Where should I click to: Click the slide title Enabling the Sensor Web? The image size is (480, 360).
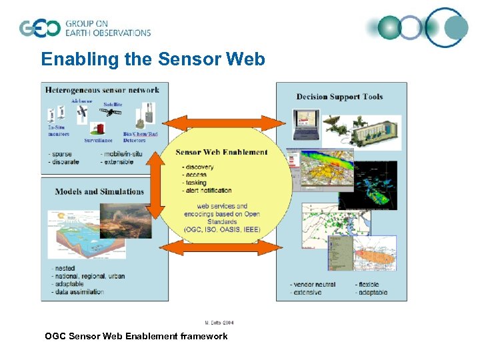click(153, 59)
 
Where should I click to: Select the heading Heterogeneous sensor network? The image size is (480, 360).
click(102, 90)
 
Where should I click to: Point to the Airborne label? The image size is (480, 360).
click(81, 101)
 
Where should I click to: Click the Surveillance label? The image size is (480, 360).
click(98, 141)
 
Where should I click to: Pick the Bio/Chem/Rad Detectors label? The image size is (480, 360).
click(139, 137)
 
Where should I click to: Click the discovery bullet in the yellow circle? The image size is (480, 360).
click(199, 167)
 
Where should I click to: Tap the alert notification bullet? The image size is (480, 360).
click(207, 191)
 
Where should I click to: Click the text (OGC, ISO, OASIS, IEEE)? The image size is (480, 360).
click(222, 229)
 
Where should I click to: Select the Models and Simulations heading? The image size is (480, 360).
click(99, 191)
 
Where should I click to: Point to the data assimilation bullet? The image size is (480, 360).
click(77, 292)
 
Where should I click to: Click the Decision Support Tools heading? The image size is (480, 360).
click(339, 97)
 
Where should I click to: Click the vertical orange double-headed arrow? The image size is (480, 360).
click(155, 186)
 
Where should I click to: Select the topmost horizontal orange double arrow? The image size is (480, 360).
click(223, 123)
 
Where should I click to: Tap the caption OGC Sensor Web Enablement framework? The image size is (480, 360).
click(136, 336)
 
